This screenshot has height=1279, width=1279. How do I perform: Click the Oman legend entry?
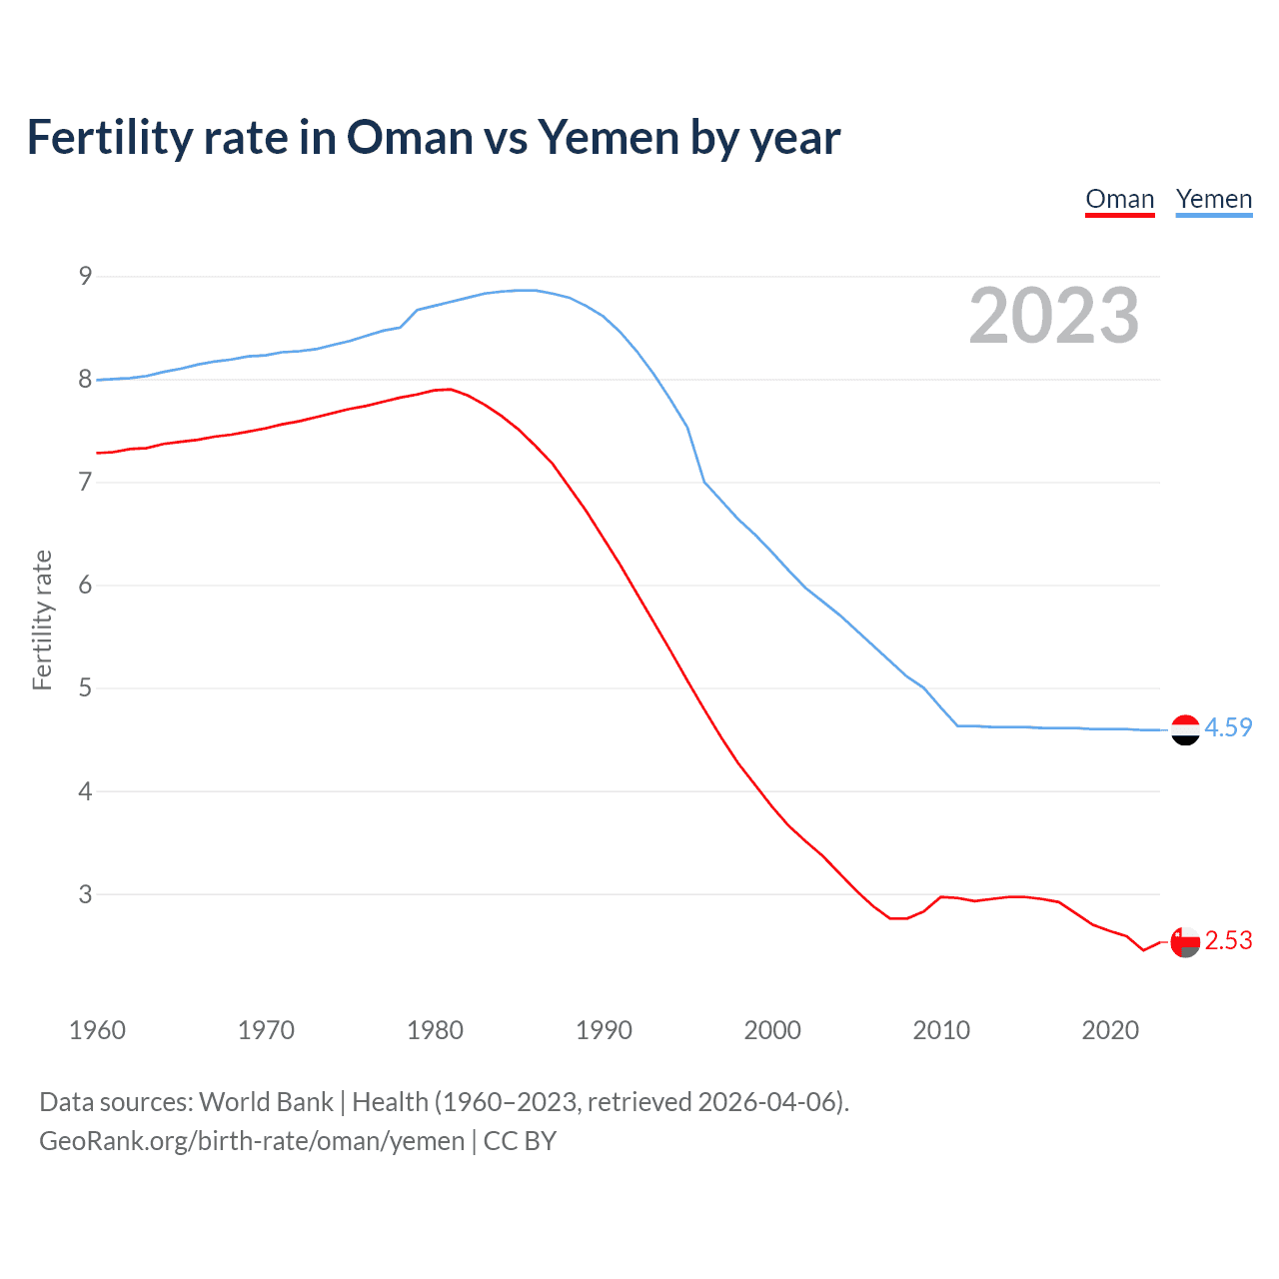[1119, 199]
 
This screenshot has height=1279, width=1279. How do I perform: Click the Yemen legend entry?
[1213, 199]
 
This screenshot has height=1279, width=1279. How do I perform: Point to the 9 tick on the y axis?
[85, 276]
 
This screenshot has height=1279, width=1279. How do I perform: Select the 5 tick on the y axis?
[85, 688]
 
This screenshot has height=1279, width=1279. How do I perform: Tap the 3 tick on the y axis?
[85, 894]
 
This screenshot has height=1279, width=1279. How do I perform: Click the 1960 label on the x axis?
[97, 1030]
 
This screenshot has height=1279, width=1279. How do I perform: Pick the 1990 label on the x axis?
[604, 1030]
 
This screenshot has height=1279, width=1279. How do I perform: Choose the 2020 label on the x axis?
[1110, 1030]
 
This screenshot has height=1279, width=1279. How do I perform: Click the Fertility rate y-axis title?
[42, 620]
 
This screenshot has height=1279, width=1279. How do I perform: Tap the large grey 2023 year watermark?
[1053, 316]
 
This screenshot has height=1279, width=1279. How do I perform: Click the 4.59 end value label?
[1228, 727]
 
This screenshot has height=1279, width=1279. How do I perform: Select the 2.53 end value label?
[1228, 940]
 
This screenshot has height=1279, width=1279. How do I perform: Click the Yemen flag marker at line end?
[1185, 730]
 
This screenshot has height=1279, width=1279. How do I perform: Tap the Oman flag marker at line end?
[1185, 942]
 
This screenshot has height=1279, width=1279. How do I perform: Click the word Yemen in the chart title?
[610, 138]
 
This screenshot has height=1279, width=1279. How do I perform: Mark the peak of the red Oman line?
[450, 389]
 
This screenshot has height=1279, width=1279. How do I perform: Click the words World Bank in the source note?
[266, 1102]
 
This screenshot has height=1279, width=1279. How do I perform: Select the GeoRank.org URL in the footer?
[252, 1141]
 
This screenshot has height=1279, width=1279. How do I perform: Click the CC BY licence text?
[520, 1141]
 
